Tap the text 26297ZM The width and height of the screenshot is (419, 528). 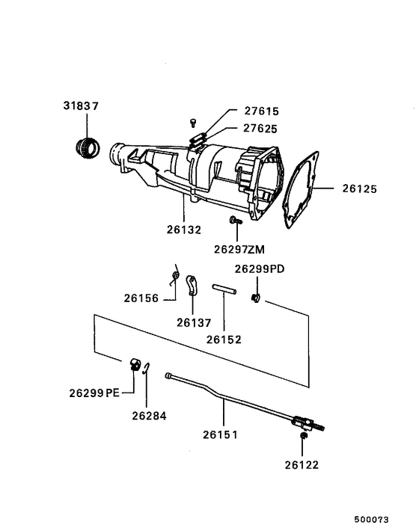239,248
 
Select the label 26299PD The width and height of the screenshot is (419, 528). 260,268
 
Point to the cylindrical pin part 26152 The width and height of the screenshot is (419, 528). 224,288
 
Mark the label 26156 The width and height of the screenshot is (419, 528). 142,298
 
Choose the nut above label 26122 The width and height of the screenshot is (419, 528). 302,436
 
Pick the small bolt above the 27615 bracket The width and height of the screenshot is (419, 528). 192,121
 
